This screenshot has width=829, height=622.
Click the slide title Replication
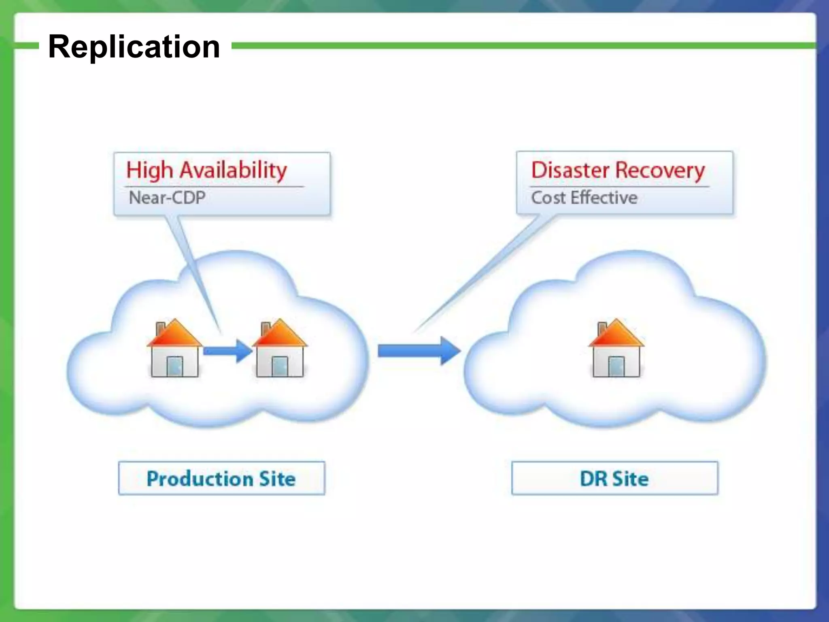click(134, 47)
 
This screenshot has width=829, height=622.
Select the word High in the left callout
click(149, 170)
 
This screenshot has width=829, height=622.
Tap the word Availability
click(233, 170)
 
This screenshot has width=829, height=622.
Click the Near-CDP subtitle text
click(167, 198)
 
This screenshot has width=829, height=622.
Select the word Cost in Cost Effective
click(548, 198)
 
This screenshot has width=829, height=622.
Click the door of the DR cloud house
click(616, 366)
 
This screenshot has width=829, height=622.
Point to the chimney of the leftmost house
click(160, 328)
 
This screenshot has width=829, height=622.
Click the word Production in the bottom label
click(200, 479)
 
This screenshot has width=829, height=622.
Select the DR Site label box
click(614, 478)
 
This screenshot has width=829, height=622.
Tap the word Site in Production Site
click(277, 479)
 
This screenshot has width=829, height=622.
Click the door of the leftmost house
click(175, 366)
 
